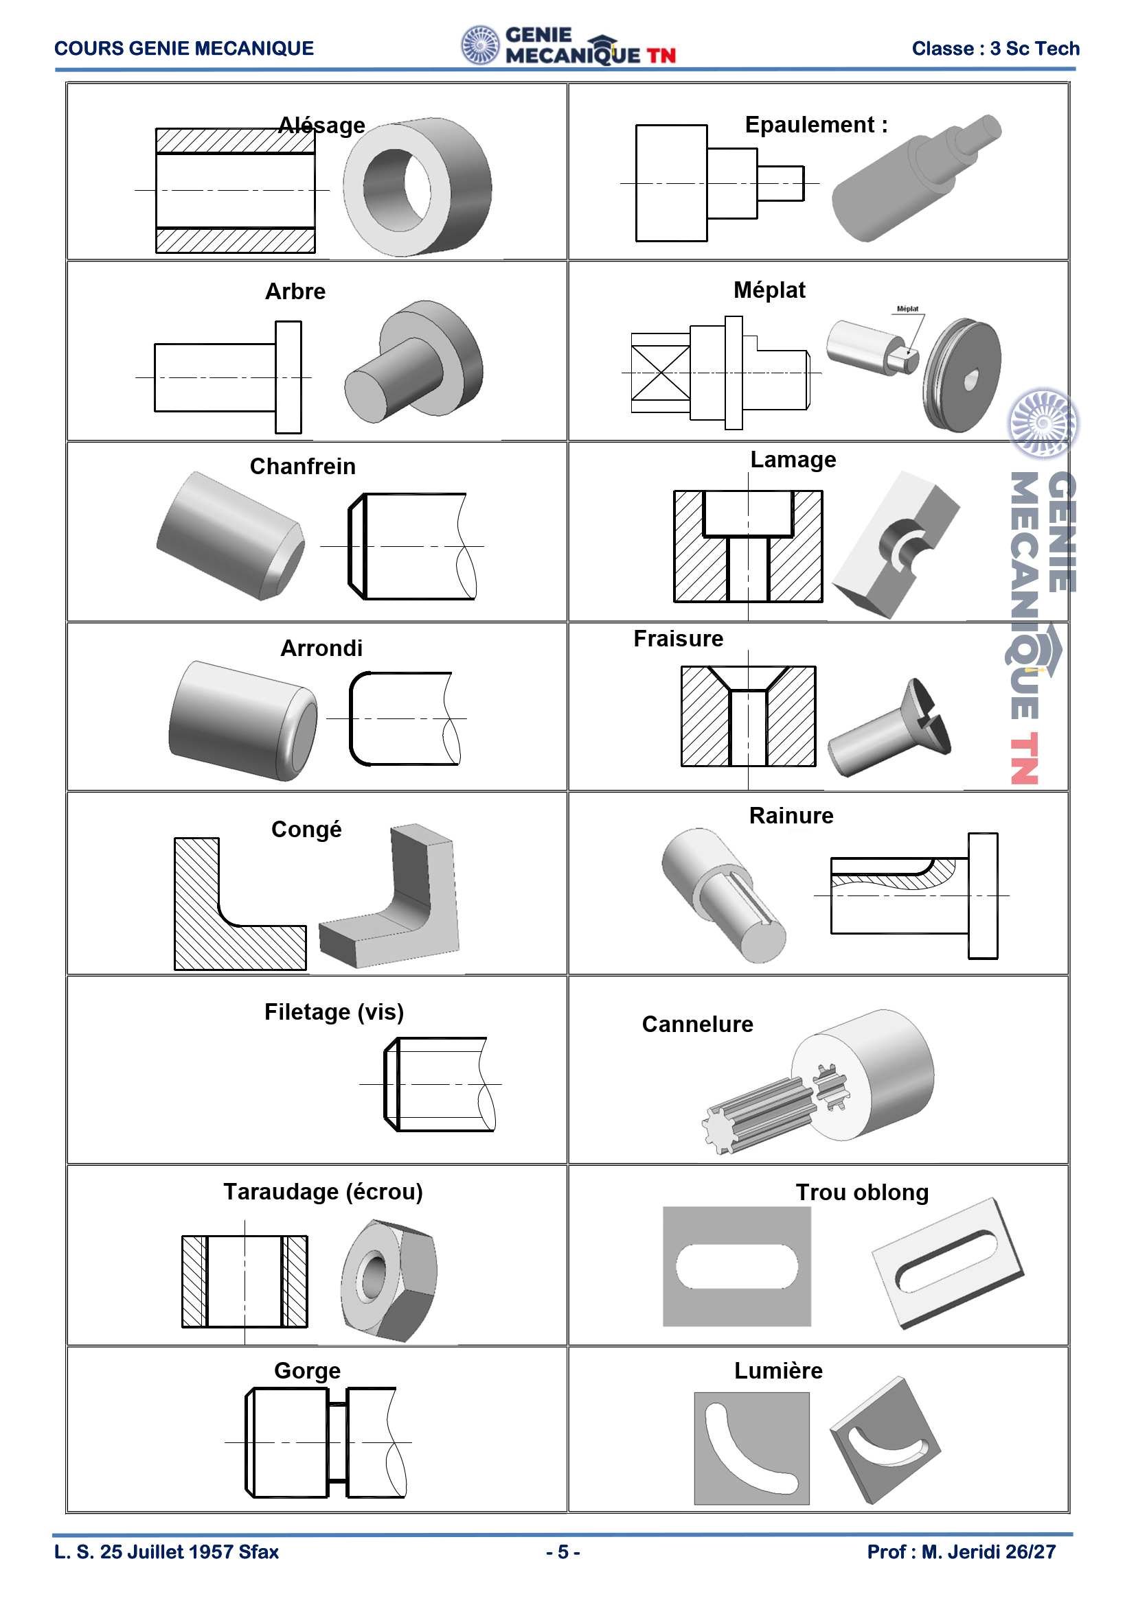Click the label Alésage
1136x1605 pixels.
click(x=321, y=125)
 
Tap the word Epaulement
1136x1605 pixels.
click(x=809, y=124)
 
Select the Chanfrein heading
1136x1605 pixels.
click(x=303, y=466)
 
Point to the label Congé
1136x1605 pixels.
click(x=306, y=830)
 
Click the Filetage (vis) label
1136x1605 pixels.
click(x=334, y=1012)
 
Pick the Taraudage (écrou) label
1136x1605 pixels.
click(x=323, y=1192)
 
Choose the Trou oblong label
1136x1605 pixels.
click(x=863, y=1193)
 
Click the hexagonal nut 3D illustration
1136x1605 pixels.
click(x=389, y=1281)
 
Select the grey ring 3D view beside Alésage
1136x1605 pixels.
click(x=417, y=187)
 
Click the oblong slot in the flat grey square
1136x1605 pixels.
click(x=736, y=1267)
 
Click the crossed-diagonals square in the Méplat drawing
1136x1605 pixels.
click(x=660, y=373)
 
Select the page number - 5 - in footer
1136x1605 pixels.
click(x=563, y=1552)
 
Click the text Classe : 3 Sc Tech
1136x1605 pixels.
click(x=995, y=48)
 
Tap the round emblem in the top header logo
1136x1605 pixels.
click(x=481, y=45)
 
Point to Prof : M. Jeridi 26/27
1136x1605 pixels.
click(x=961, y=1552)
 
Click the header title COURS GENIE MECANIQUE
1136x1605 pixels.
click(x=184, y=48)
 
